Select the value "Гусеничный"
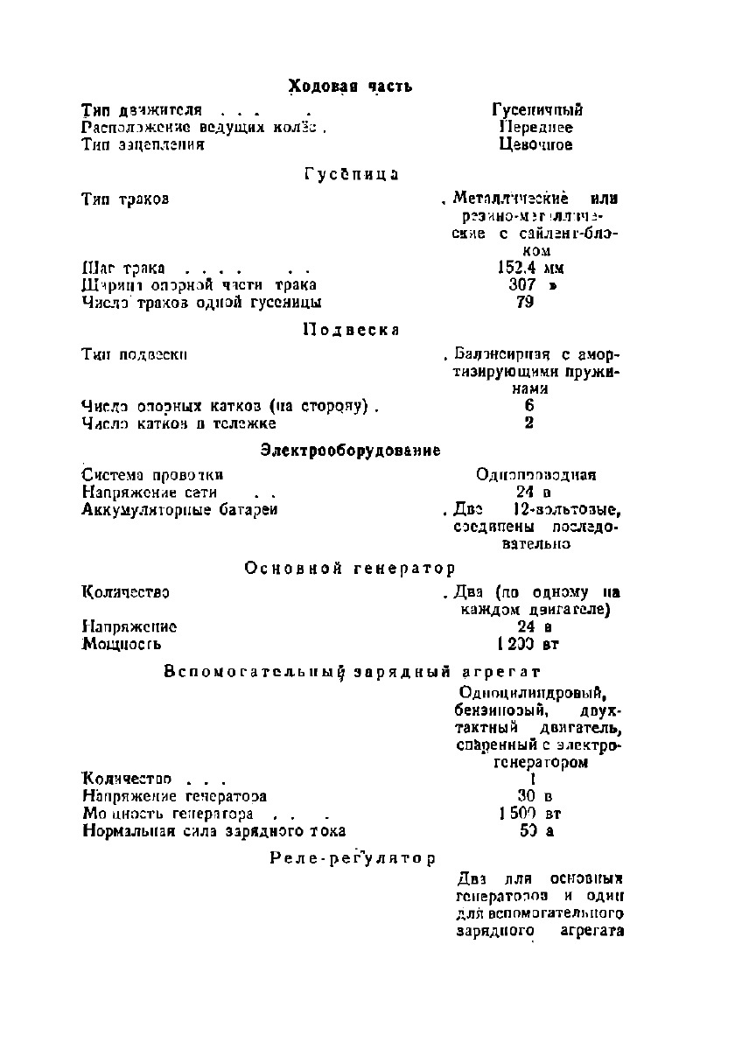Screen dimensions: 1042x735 click(537, 110)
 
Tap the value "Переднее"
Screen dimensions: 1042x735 click(535, 127)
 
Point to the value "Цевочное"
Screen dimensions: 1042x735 click(535, 144)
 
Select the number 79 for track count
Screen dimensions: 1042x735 click(525, 303)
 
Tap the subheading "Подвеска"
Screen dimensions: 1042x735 click(351, 330)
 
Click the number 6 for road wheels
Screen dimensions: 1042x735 click(529, 406)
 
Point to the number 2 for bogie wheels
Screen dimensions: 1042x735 click(529, 423)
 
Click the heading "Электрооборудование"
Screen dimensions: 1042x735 click(350, 450)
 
